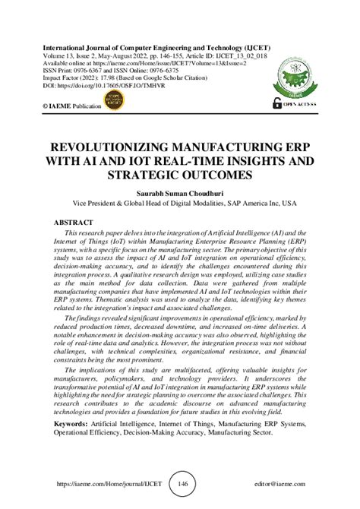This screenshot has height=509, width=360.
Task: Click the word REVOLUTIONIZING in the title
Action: (106, 147)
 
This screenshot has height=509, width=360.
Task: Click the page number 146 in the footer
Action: (182, 483)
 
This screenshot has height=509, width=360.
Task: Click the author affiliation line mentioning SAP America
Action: (180, 204)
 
